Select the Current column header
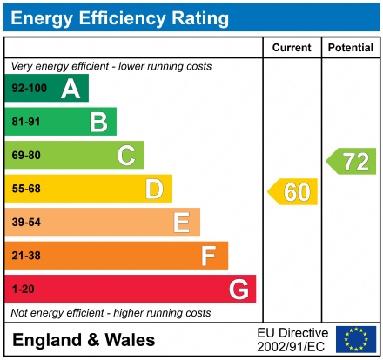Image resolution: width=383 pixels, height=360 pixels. click(292, 48)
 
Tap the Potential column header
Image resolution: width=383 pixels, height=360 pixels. click(351, 48)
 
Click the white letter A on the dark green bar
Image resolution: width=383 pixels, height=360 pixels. click(70, 89)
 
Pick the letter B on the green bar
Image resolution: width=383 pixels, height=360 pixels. click(98, 122)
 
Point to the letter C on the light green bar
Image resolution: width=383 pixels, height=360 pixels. click(126, 156)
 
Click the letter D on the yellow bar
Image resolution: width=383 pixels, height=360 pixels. click(154, 189)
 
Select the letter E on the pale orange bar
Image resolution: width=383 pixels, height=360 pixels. click(181, 223)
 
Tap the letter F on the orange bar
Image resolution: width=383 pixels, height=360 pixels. click(209, 256)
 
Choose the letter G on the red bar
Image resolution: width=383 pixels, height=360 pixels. click(238, 289)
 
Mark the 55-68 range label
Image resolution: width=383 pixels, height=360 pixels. click(26, 189)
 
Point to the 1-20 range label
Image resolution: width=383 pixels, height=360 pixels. click(22, 289)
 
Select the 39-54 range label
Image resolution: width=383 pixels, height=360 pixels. click(26, 223)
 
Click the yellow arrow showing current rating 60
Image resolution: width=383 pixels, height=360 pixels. click(292, 191)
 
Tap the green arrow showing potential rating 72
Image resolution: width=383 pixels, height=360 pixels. click(352, 160)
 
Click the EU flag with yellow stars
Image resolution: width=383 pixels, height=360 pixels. click(356, 339)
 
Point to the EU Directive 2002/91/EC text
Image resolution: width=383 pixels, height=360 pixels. click(292, 339)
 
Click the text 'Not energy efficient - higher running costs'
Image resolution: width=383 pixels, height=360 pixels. click(111, 312)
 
